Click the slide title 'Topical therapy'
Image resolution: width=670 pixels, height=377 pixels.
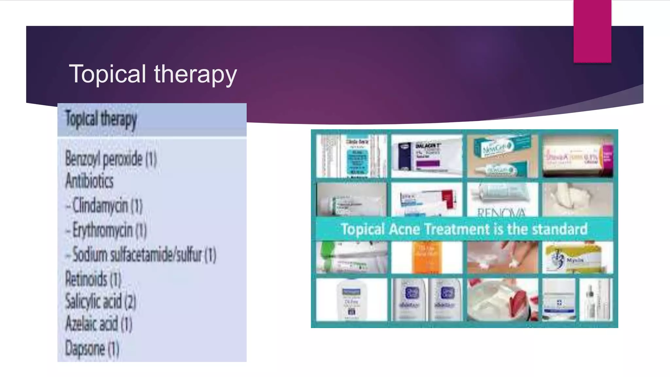[152, 74]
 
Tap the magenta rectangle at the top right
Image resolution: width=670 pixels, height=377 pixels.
[592, 31]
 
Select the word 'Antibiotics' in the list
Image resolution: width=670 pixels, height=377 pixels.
[89, 181]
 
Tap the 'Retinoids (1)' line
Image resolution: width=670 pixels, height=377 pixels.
[93, 279]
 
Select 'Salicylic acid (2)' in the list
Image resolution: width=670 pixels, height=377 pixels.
[100, 301]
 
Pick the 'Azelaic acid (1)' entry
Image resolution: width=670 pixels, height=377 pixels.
[99, 324]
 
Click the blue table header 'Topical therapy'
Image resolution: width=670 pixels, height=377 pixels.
[101, 119]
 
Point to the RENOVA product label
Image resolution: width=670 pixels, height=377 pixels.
[502, 212]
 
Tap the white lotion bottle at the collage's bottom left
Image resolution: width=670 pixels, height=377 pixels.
[351, 299]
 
